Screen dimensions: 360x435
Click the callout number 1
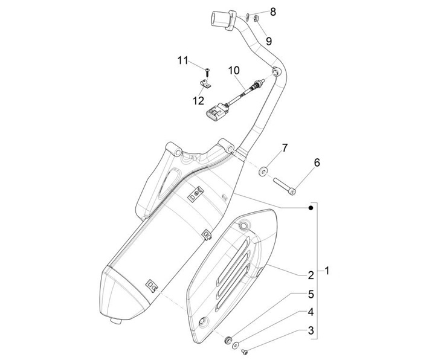[x=327, y=271]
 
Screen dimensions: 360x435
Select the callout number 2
[x=311, y=275]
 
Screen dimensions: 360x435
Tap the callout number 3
[x=311, y=330]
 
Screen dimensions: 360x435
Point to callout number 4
[x=311, y=312]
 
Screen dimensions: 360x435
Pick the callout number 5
[x=311, y=294]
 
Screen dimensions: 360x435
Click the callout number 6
[x=316, y=162]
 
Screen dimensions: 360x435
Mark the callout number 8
[x=272, y=11]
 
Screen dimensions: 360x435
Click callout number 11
[x=183, y=60]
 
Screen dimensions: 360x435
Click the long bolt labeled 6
[x=284, y=185]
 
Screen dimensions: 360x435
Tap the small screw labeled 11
[x=207, y=71]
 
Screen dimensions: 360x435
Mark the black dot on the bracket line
[x=311, y=208]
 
